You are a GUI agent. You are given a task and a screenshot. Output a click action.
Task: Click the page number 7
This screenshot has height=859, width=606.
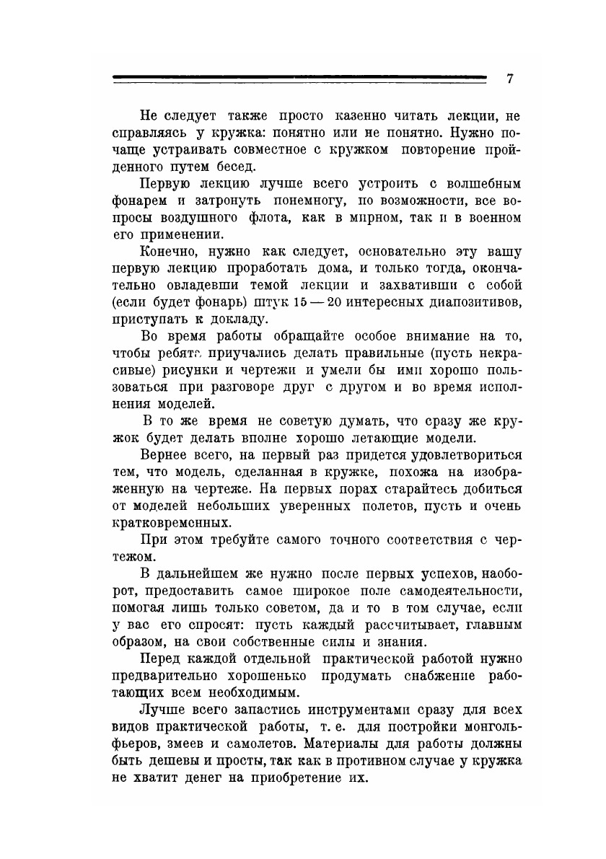[x=509, y=79]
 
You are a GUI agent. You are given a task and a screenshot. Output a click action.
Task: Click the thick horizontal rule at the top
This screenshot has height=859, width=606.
[x=299, y=76]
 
